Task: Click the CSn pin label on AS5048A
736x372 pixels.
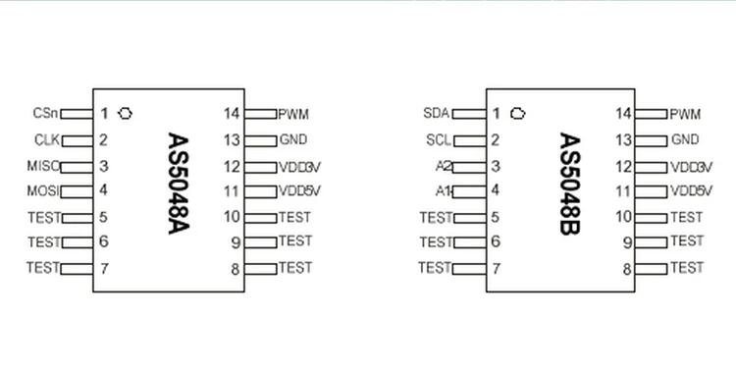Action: point(45,113)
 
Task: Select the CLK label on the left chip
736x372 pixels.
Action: point(46,140)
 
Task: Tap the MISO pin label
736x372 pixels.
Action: point(43,166)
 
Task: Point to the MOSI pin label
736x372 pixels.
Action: point(43,190)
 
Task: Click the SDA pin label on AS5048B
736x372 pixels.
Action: point(436,113)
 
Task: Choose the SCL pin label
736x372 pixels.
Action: point(438,140)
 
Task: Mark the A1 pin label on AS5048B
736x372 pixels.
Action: point(444,190)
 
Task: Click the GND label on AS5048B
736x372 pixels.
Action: point(685,140)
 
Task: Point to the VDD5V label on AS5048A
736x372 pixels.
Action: point(299,190)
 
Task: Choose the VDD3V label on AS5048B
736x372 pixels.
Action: point(691,166)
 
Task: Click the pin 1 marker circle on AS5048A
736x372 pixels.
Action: point(125,113)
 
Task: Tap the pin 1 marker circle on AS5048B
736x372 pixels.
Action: point(517,113)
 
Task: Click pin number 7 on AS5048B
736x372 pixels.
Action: point(496,268)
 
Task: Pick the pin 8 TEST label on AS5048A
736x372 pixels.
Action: point(294,267)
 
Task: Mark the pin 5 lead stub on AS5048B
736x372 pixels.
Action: point(469,217)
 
